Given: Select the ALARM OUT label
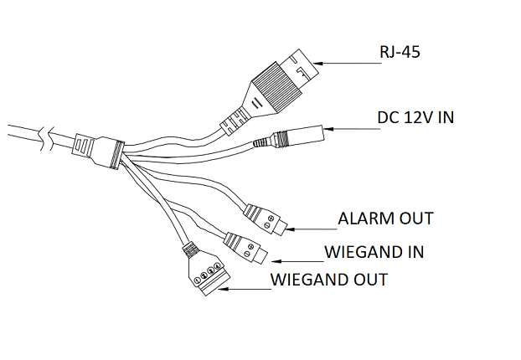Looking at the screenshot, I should click(x=385, y=219).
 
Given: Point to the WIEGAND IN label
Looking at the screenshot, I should click(x=373, y=251).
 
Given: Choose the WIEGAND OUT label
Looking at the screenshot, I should click(x=329, y=279).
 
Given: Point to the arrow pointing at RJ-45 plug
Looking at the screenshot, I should click(x=347, y=61).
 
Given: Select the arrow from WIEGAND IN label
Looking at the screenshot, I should click(x=292, y=259).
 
